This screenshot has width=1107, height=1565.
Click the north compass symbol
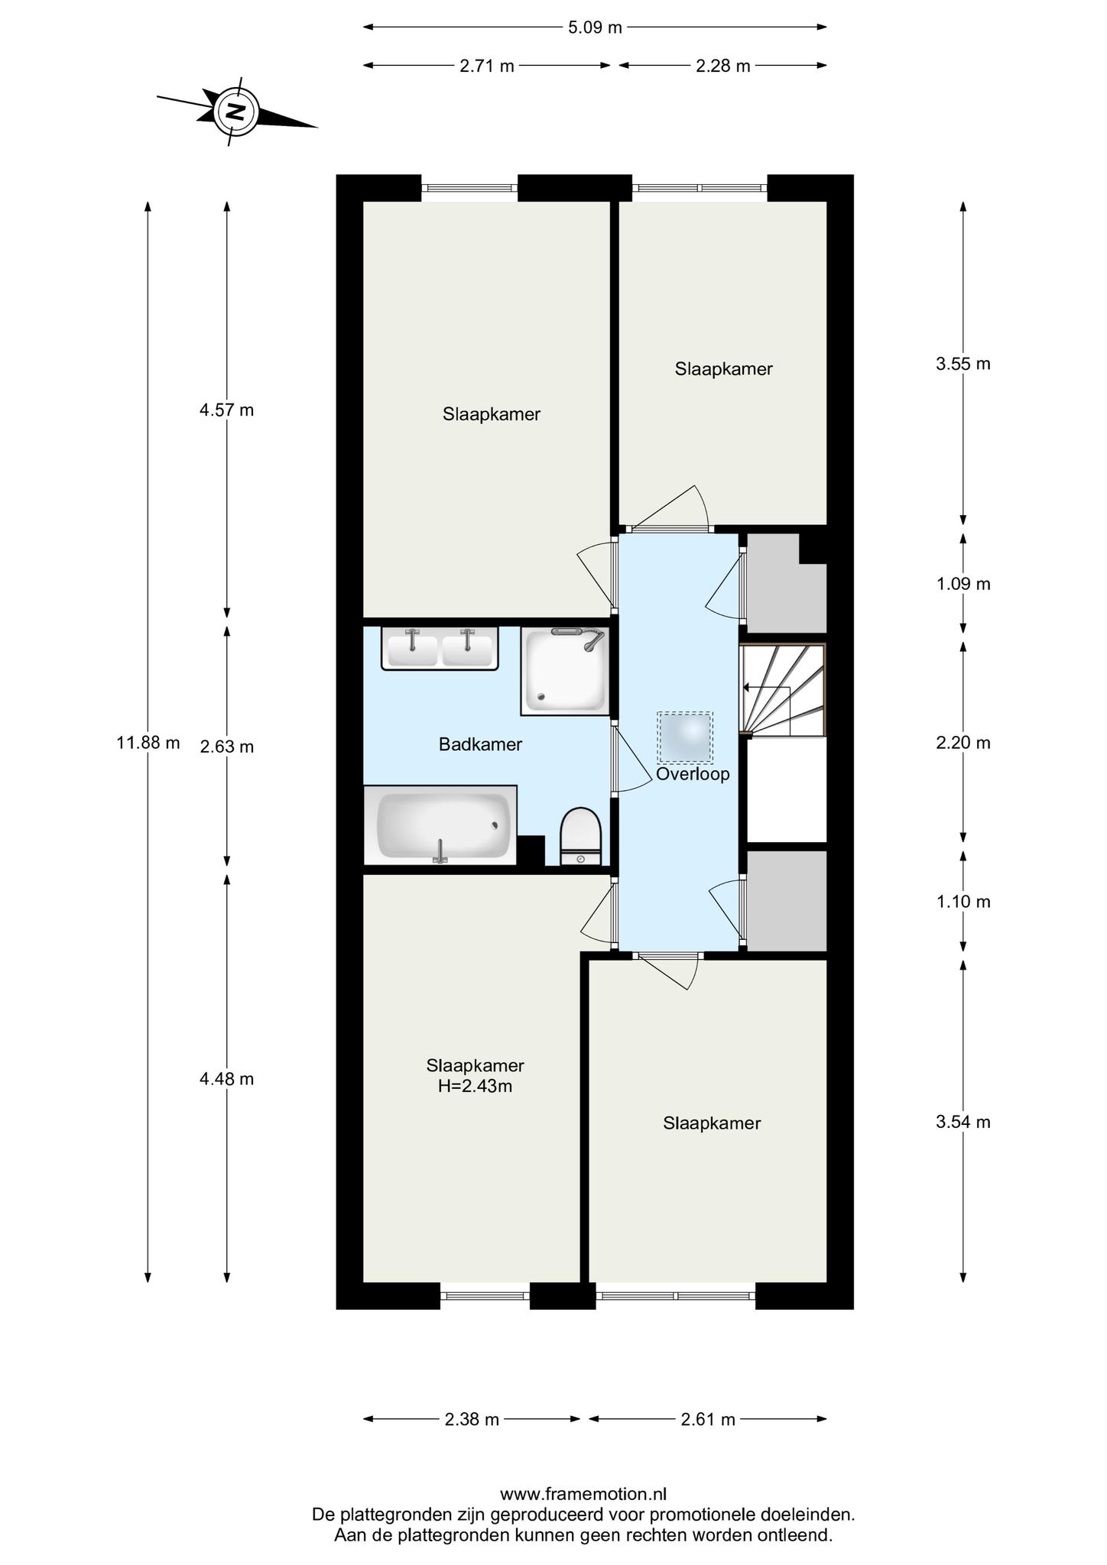[x=237, y=112]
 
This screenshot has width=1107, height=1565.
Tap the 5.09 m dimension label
[x=595, y=28]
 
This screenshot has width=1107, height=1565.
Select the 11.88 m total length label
[x=148, y=742]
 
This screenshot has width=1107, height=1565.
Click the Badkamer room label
[x=480, y=744]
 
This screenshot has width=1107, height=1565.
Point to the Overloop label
[x=693, y=774]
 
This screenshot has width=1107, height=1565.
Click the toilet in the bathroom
[x=582, y=836]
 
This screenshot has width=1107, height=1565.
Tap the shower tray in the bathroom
[x=565, y=671]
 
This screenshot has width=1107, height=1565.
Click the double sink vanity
[x=440, y=649]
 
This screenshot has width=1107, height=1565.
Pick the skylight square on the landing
[x=685, y=737]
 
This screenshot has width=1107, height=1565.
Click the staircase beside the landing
[x=783, y=690]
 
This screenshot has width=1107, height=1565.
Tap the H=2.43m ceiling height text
[x=475, y=1086]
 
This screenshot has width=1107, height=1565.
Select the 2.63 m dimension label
[x=227, y=747]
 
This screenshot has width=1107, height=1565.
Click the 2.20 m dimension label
[x=963, y=742]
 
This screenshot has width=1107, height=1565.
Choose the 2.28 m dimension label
[x=723, y=66]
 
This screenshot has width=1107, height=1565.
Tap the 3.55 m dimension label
[x=963, y=364]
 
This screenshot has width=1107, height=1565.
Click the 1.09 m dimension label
[x=963, y=585]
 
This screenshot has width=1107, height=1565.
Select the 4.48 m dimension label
[x=227, y=1079]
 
